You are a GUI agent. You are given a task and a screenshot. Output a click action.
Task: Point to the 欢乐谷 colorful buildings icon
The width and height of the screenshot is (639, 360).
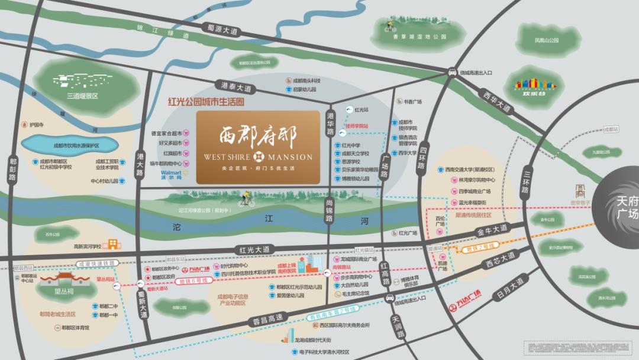tap(531, 86)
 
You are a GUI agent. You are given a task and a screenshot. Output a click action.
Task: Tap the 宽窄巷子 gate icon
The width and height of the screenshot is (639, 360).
tap(580, 191)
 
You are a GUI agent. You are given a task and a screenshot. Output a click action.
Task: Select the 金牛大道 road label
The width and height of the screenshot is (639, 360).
tap(492, 228)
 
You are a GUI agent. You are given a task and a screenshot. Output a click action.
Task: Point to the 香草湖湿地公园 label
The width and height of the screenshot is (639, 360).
tap(419, 37)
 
